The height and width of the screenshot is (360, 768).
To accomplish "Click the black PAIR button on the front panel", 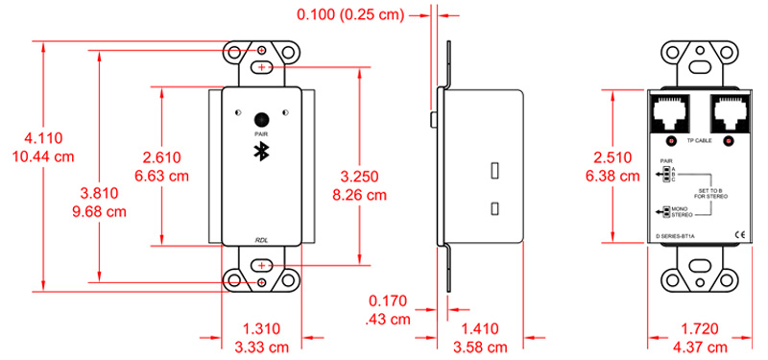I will pos(261,120).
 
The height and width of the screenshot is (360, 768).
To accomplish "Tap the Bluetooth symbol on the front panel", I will pos(261,153).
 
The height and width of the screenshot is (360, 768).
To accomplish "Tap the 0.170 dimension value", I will pos(394,300).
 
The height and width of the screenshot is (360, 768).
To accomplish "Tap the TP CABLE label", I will pos(698,141).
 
